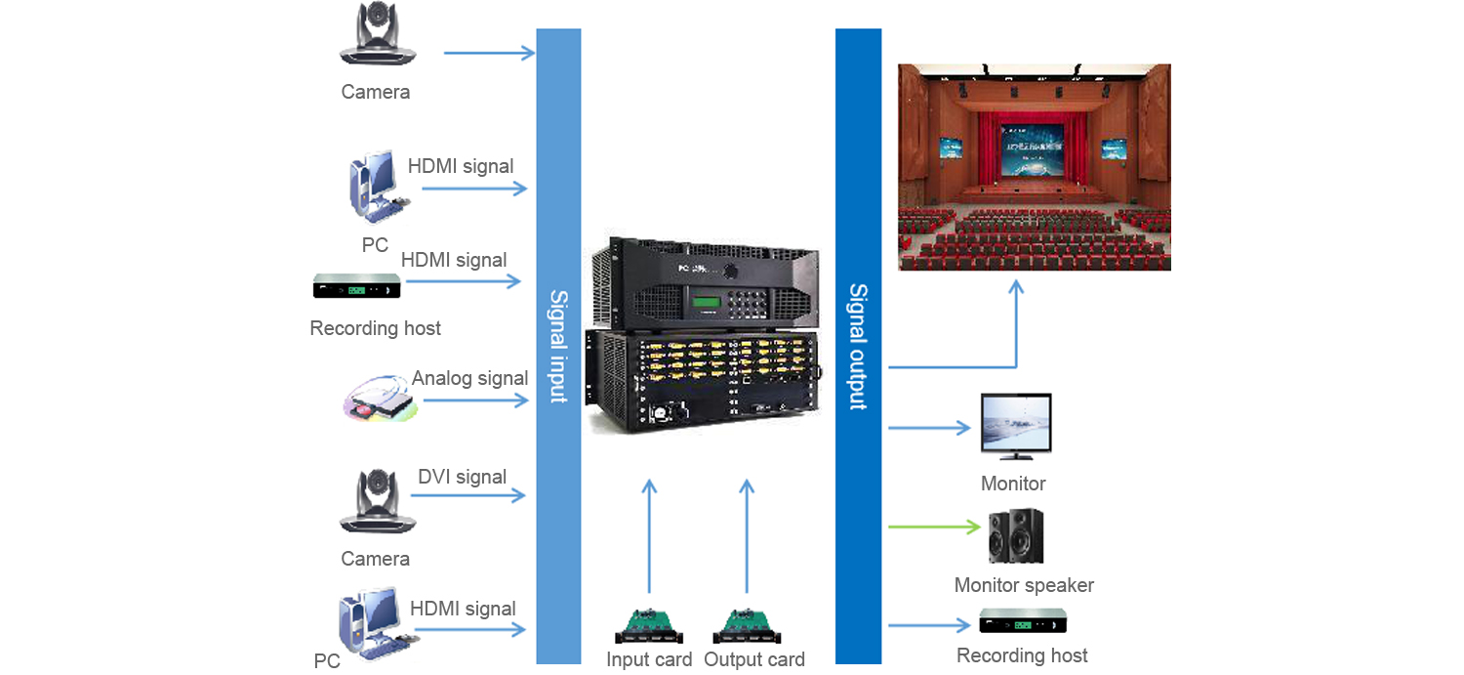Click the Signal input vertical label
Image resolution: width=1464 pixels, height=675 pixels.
click(x=558, y=346)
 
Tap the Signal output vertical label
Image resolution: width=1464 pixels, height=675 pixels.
click(x=858, y=346)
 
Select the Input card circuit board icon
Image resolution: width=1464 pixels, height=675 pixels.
click(x=649, y=624)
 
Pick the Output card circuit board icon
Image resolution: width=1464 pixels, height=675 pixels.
click(x=747, y=624)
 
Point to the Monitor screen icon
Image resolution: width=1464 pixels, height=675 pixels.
click(x=1016, y=427)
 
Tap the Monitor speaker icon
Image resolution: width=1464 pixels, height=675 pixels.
click(x=1016, y=535)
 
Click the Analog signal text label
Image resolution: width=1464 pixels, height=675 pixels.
click(x=469, y=378)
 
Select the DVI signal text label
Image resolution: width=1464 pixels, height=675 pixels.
click(x=462, y=477)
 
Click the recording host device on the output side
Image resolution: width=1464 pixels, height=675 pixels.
click(x=1022, y=621)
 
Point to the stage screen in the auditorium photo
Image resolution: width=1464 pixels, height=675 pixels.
click(x=1032, y=156)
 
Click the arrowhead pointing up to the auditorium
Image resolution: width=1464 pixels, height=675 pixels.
click(x=1016, y=287)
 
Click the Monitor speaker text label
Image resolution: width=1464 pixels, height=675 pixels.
click(x=1024, y=585)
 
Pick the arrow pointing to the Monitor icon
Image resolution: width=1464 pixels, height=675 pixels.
click(x=929, y=428)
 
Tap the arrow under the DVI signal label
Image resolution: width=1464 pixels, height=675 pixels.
click(x=468, y=496)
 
